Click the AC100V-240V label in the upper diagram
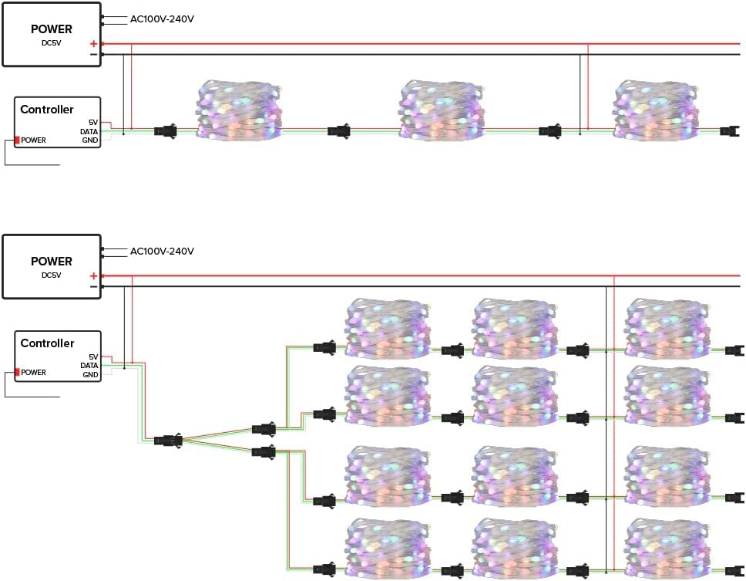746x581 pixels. coord(162,19)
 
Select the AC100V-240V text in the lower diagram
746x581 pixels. coord(162,252)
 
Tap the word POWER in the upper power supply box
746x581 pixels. coord(52,29)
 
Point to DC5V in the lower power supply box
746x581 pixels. coord(51,275)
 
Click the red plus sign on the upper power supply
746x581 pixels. coord(93,44)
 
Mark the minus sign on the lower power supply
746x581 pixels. coord(93,286)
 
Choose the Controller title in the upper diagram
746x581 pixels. coord(47,110)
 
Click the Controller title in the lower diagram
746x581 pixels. coord(47,343)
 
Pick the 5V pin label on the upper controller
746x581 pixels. coord(93,123)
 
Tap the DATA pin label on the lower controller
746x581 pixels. coord(89,365)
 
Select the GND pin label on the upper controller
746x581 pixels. coord(90,140)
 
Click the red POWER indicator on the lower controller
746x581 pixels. coord(17,372)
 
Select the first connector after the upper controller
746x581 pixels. coord(166,130)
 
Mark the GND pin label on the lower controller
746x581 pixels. coord(90,374)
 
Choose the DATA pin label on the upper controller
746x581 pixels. coord(89,131)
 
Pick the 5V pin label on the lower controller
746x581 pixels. coord(93,356)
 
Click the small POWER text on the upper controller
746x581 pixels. coord(33,140)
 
